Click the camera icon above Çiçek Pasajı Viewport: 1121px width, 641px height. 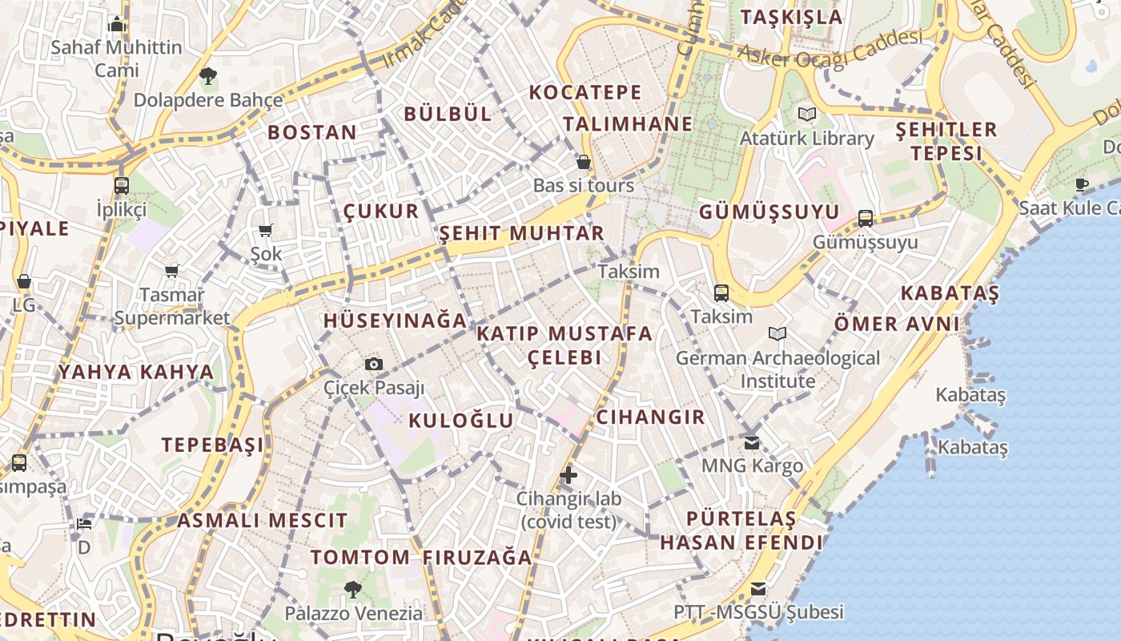point(373,365)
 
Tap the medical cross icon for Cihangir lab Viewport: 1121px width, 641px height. point(569,475)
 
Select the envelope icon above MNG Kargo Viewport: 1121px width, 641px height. point(751,442)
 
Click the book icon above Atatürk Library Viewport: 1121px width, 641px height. point(806,115)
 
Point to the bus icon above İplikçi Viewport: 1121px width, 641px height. point(122,186)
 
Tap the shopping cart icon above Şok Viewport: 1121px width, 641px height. point(266,231)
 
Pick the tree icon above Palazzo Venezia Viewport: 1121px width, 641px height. point(352,591)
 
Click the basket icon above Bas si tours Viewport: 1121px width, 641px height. point(584,162)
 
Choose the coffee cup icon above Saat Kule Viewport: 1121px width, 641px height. point(1082,185)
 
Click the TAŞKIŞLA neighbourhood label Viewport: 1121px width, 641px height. point(791,17)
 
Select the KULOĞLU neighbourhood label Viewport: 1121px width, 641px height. point(461,421)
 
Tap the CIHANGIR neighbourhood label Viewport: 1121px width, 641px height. point(650,417)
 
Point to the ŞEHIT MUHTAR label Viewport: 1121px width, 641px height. point(521,233)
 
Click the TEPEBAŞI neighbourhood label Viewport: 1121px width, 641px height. point(212,445)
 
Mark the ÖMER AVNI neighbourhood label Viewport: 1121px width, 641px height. point(897,324)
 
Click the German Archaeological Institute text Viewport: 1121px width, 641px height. point(777,369)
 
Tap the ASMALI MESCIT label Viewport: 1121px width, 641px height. point(263,521)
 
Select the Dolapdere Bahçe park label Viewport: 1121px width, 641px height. point(208,100)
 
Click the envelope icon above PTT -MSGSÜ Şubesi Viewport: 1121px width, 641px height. point(757,590)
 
